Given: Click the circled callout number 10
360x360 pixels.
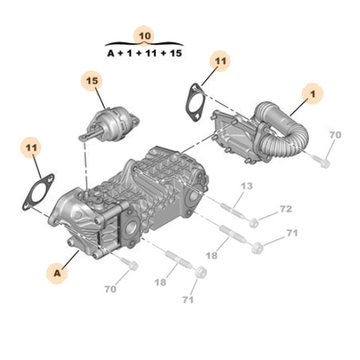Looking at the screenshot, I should click(x=144, y=35).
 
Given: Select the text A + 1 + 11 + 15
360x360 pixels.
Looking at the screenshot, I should click(x=144, y=54).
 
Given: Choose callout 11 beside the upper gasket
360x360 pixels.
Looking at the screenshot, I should click(x=220, y=61).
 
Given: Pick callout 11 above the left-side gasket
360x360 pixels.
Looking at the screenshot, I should click(x=31, y=148).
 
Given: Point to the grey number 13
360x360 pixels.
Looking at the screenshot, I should click(x=247, y=186).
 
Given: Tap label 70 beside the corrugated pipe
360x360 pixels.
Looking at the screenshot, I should click(x=335, y=135).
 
